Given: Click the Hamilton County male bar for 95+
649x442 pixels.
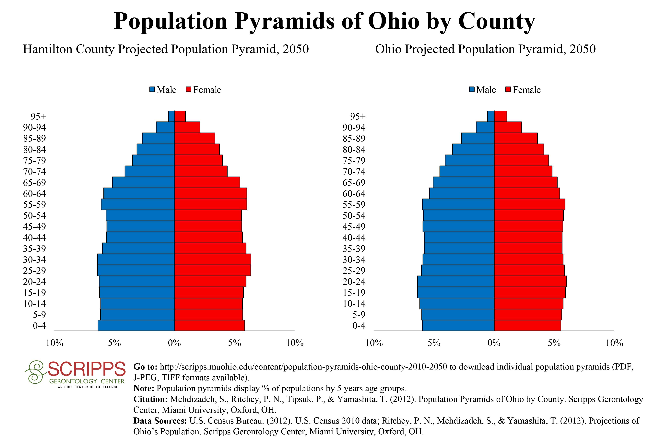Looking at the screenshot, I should click(171, 116).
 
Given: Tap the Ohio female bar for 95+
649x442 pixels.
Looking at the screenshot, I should click(501, 116).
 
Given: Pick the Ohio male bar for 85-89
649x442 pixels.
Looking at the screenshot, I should click(478, 138).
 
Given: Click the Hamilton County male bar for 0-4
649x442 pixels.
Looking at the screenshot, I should click(136, 326).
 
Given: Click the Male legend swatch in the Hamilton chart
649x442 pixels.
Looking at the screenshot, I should click(152, 90).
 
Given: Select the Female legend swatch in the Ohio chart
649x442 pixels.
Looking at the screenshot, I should click(508, 90).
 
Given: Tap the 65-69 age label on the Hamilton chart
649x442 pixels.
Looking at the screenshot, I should click(34, 183).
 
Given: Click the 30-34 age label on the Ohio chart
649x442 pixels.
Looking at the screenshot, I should click(354, 260).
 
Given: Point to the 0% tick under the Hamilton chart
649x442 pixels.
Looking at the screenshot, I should click(174, 343).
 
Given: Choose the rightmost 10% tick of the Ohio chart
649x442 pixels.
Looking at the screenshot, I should click(614, 343).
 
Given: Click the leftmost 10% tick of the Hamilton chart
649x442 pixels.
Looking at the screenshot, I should click(54, 343).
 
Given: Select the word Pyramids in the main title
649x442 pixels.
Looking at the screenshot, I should click(284, 21).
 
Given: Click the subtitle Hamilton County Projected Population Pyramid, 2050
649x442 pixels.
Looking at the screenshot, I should click(166, 49).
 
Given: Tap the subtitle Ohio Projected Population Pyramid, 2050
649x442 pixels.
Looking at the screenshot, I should click(485, 49).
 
